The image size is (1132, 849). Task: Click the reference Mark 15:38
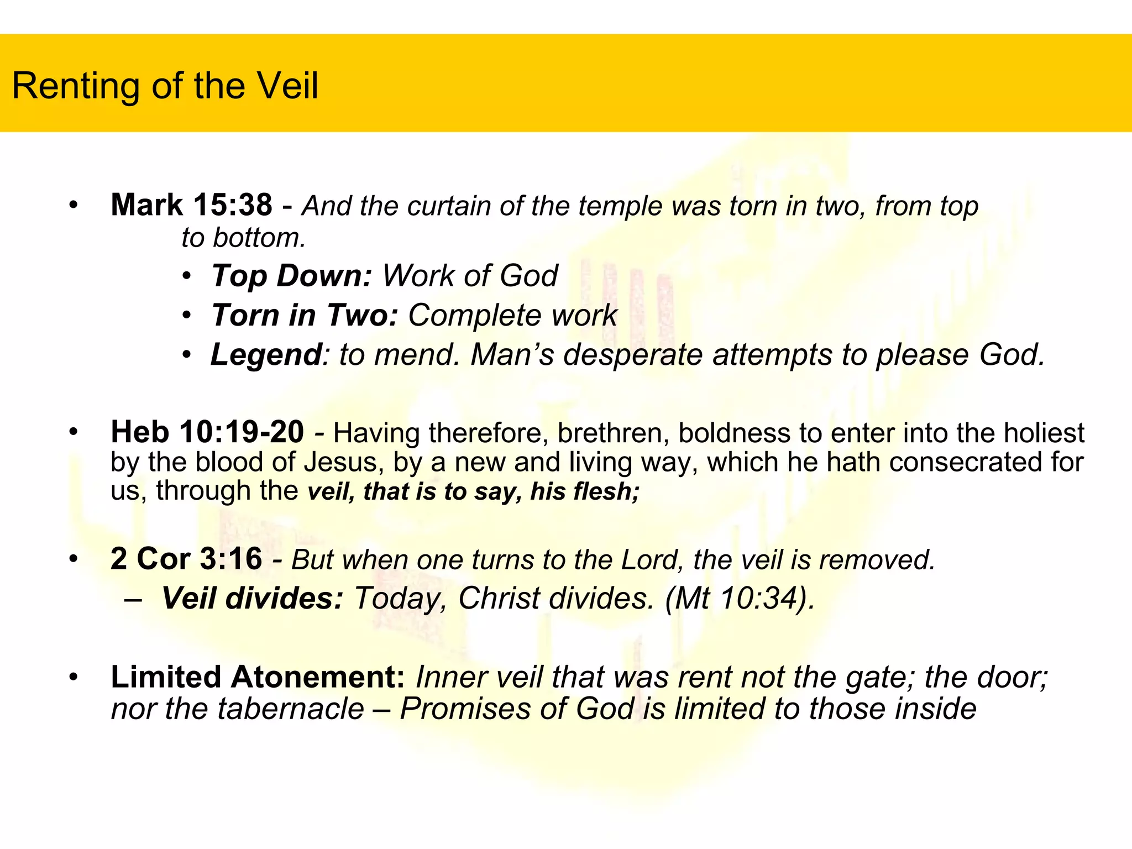pos(191,205)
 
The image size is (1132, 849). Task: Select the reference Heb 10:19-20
pos(207,432)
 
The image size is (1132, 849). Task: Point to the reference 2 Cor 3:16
pos(186,558)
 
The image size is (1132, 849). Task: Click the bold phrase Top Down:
pos(291,275)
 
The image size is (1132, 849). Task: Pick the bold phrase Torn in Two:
pos(305,315)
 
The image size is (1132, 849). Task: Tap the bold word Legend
pos(266,354)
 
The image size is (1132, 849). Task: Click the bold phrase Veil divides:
pos(253,598)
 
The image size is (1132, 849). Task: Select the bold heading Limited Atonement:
pos(258,677)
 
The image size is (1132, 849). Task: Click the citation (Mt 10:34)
pos(740,598)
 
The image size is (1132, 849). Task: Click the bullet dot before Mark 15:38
pos(74,206)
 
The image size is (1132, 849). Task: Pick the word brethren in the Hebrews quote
pos(613,433)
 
